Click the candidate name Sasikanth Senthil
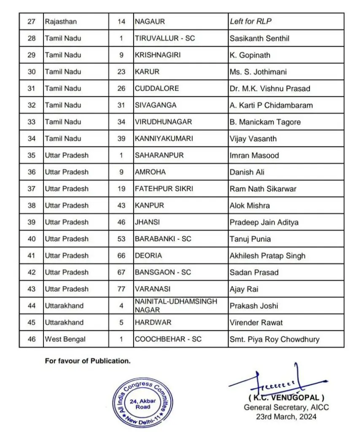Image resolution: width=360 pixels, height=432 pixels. [x=259, y=38]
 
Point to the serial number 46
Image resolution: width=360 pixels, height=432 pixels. [x=32, y=339]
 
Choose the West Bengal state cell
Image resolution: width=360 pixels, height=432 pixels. [x=65, y=339]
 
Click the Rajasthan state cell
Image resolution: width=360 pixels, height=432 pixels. [x=61, y=22]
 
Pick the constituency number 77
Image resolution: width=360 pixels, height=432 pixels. [x=121, y=289]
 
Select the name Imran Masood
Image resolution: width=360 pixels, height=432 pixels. [x=254, y=155]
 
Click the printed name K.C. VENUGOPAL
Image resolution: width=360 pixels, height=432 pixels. [x=286, y=398]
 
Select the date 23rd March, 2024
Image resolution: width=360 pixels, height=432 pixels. [x=286, y=416]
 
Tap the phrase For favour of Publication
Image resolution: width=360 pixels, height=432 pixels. [x=88, y=361]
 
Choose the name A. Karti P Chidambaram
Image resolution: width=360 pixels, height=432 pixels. [x=271, y=105]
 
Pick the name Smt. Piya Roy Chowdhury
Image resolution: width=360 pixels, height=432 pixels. [x=274, y=339]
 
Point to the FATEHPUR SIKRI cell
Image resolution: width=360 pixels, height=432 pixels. [x=164, y=189]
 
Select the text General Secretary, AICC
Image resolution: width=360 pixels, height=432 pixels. [x=286, y=407]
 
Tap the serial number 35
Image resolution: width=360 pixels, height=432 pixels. [x=32, y=155]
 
